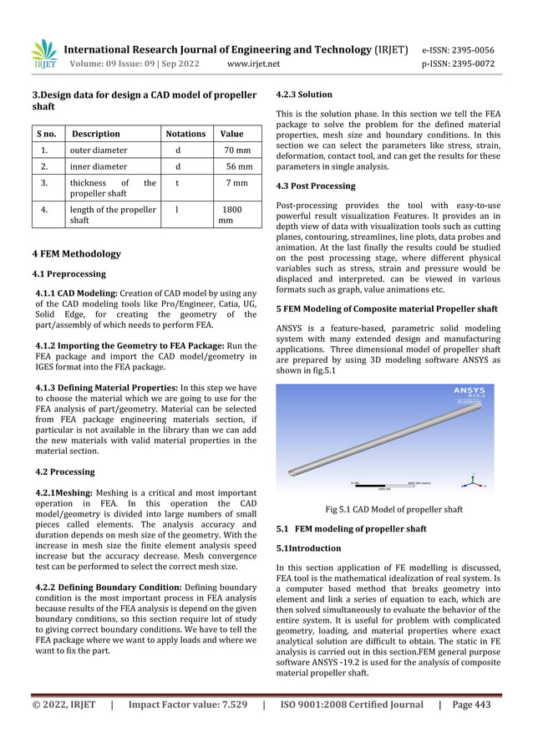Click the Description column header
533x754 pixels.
click(x=95, y=134)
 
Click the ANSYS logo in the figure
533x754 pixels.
click(x=474, y=392)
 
